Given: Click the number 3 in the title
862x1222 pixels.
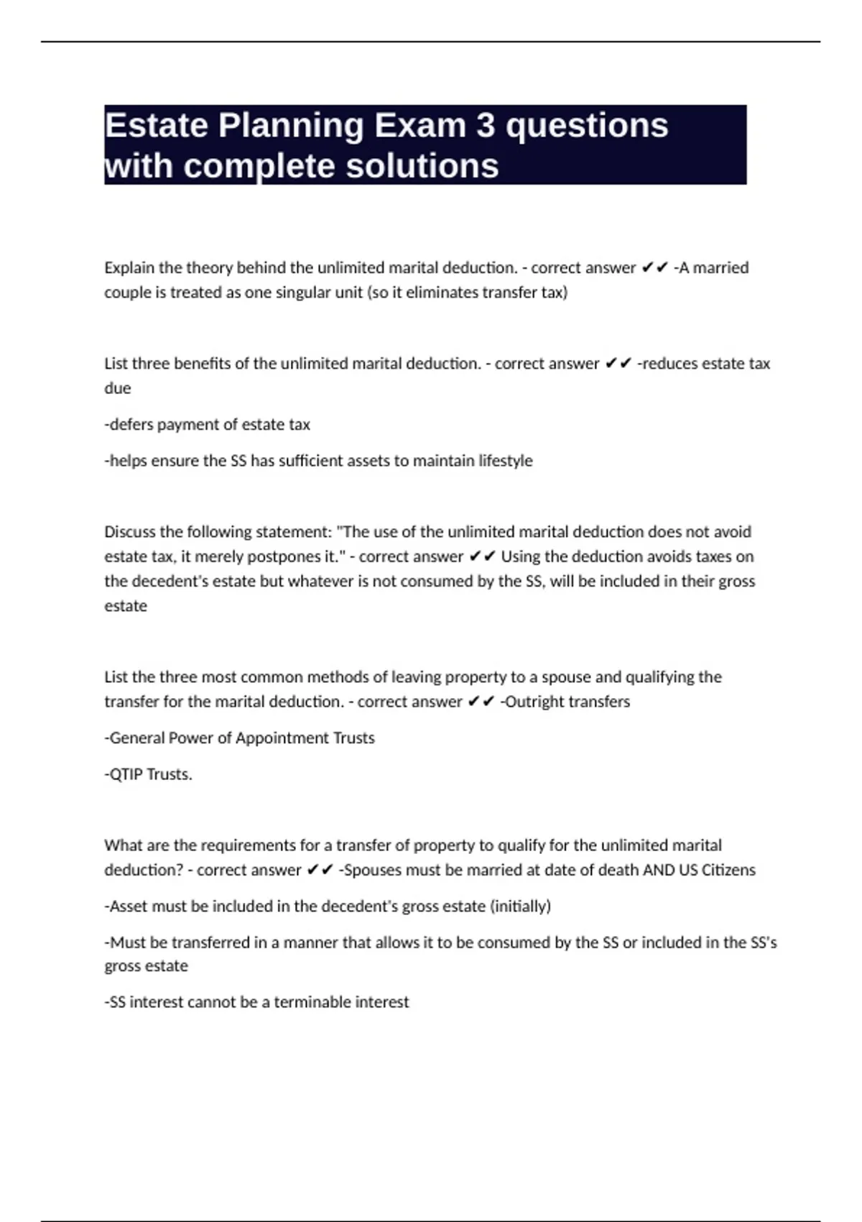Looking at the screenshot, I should click(x=486, y=126).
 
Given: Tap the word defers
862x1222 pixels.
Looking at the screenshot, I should click(x=129, y=425).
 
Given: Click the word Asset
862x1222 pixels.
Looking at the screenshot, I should click(x=128, y=906).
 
